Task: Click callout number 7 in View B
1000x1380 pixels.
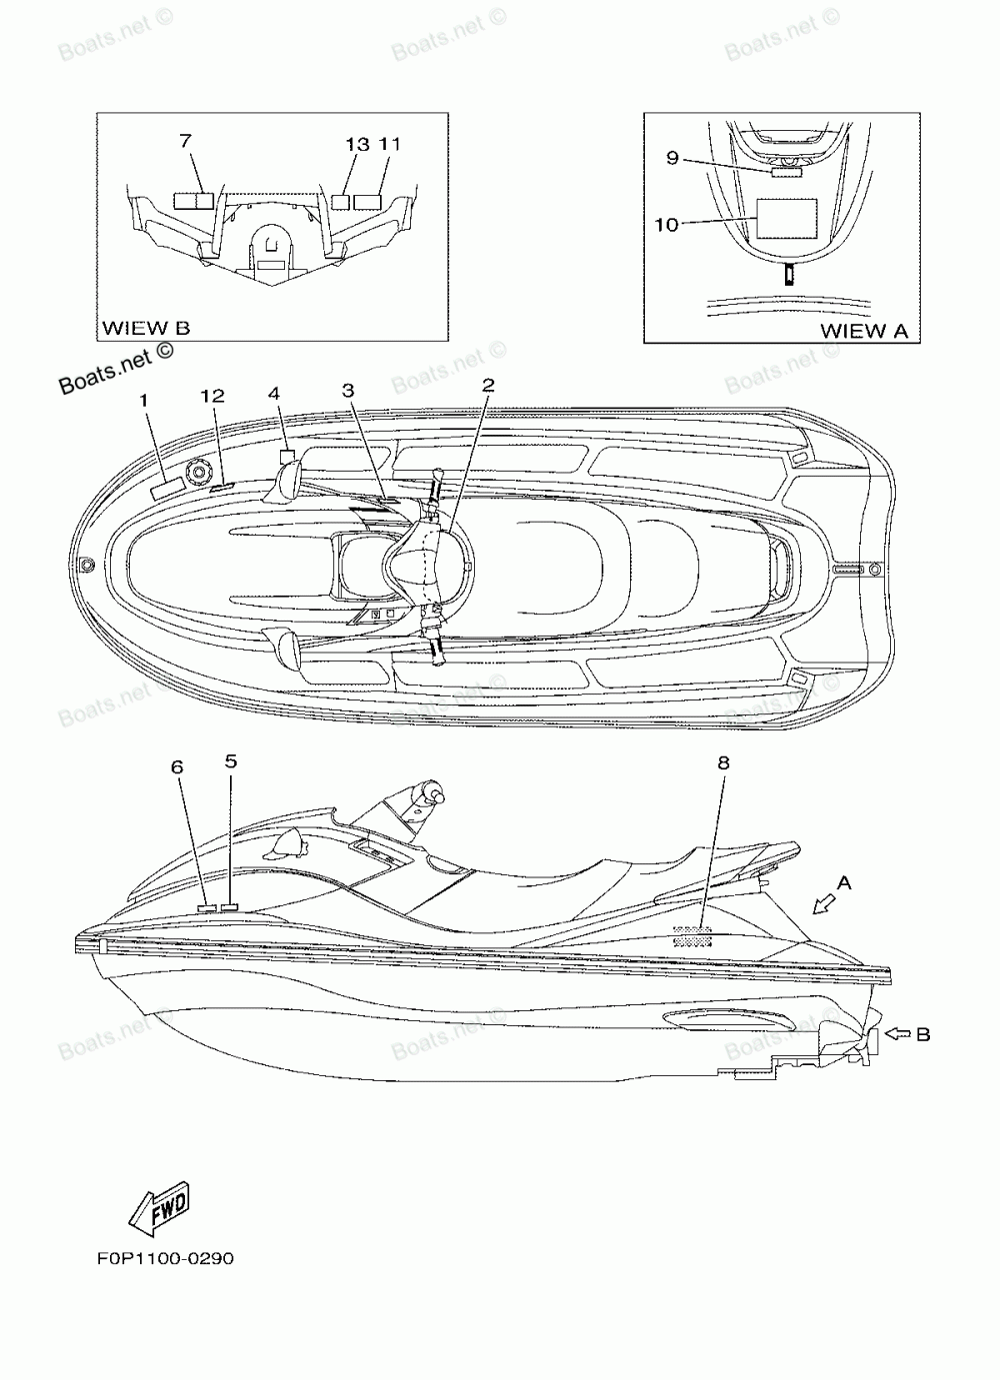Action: [186, 142]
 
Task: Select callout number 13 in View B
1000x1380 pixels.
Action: [357, 145]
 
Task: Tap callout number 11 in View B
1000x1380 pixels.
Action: [390, 145]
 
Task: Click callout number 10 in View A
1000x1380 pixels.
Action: [666, 224]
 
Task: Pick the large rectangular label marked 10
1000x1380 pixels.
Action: [786, 218]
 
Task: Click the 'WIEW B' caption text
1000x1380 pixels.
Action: [146, 328]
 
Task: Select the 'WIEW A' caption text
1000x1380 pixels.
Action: [864, 331]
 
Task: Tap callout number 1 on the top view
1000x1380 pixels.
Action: [143, 400]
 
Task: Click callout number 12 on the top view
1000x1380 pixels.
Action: [212, 396]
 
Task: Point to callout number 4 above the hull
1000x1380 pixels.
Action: [274, 393]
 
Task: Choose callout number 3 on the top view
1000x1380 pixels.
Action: [348, 391]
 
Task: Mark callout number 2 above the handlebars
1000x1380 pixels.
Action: [488, 385]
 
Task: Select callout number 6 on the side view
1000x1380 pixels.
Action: [177, 767]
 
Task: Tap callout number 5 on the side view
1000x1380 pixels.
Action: [231, 761]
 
